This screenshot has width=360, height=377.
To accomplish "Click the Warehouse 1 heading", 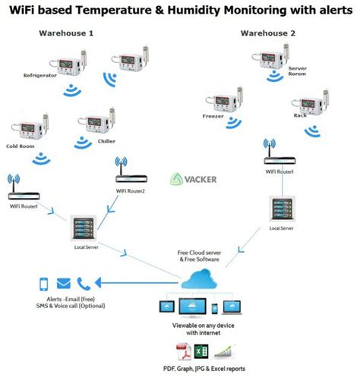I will tap(66, 33).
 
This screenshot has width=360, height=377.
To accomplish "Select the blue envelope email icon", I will tap(64, 284).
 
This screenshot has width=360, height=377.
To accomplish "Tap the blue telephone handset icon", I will tap(84, 284).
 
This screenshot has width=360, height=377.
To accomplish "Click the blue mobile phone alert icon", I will tap(44, 284).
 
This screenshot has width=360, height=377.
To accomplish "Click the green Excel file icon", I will tap(201, 350).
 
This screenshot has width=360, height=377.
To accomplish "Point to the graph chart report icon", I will tap(222, 350).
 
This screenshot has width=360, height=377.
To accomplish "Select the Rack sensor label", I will tap(299, 115).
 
